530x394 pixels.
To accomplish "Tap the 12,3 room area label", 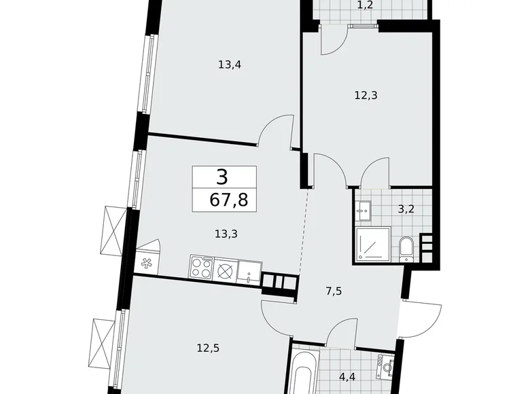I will (366, 95).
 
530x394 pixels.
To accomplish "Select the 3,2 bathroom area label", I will (406, 209).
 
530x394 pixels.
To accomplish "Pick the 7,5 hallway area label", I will (334, 291).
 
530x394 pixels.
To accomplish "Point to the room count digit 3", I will (222, 177).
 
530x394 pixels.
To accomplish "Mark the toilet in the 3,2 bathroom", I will (406, 248).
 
